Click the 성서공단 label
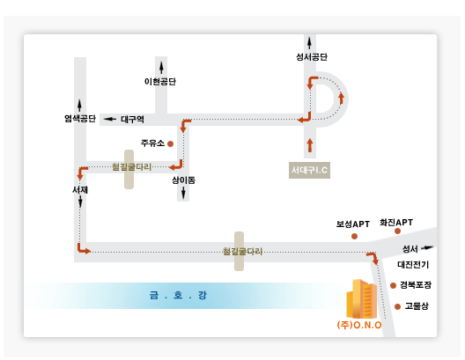tap(312, 57)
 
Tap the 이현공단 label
tap(160, 81)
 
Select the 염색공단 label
tap(80, 119)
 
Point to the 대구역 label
tap(133, 119)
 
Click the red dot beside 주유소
tap(171, 144)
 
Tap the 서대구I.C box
tap(310, 170)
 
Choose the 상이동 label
tap(183, 180)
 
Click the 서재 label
tap(80, 189)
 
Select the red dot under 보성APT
tap(354, 236)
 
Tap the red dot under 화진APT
tap(398, 231)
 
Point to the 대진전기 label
tap(413, 264)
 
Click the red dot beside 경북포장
tap(394, 286)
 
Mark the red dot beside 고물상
tap(398, 306)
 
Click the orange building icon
tap(362, 299)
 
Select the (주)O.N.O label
tap(359, 325)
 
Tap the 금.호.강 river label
tap(178, 295)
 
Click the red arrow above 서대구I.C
tap(310, 145)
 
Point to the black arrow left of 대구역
tap(110, 119)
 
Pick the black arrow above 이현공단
tap(161, 68)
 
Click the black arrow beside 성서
tap(427, 247)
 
